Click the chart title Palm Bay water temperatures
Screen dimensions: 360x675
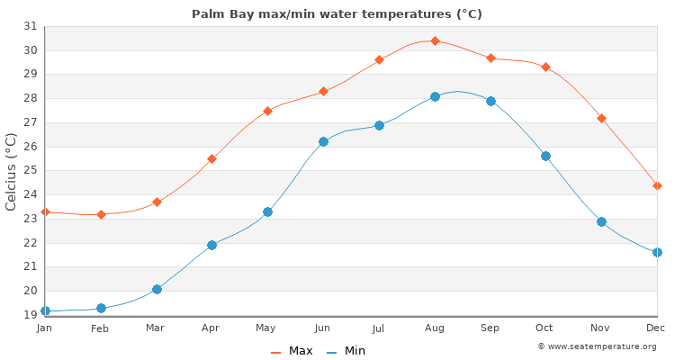(x=337, y=13)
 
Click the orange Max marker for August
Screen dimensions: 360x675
(x=435, y=40)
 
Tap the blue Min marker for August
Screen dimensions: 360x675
(x=435, y=96)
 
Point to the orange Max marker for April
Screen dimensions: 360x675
(x=211, y=158)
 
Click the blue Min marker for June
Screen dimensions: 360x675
(x=323, y=141)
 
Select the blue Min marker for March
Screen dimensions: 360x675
(x=157, y=289)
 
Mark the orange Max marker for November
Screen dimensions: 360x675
(x=601, y=118)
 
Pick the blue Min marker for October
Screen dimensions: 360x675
(x=545, y=156)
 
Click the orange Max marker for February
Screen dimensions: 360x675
(x=101, y=214)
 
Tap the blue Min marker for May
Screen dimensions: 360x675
(x=267, y=211)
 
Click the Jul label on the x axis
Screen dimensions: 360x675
(x=378, y=328)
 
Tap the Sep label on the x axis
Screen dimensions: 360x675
(x=490, y=328)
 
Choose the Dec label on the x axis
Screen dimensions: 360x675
(x=656, y=328)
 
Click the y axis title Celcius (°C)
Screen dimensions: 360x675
(x=12, y=171)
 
